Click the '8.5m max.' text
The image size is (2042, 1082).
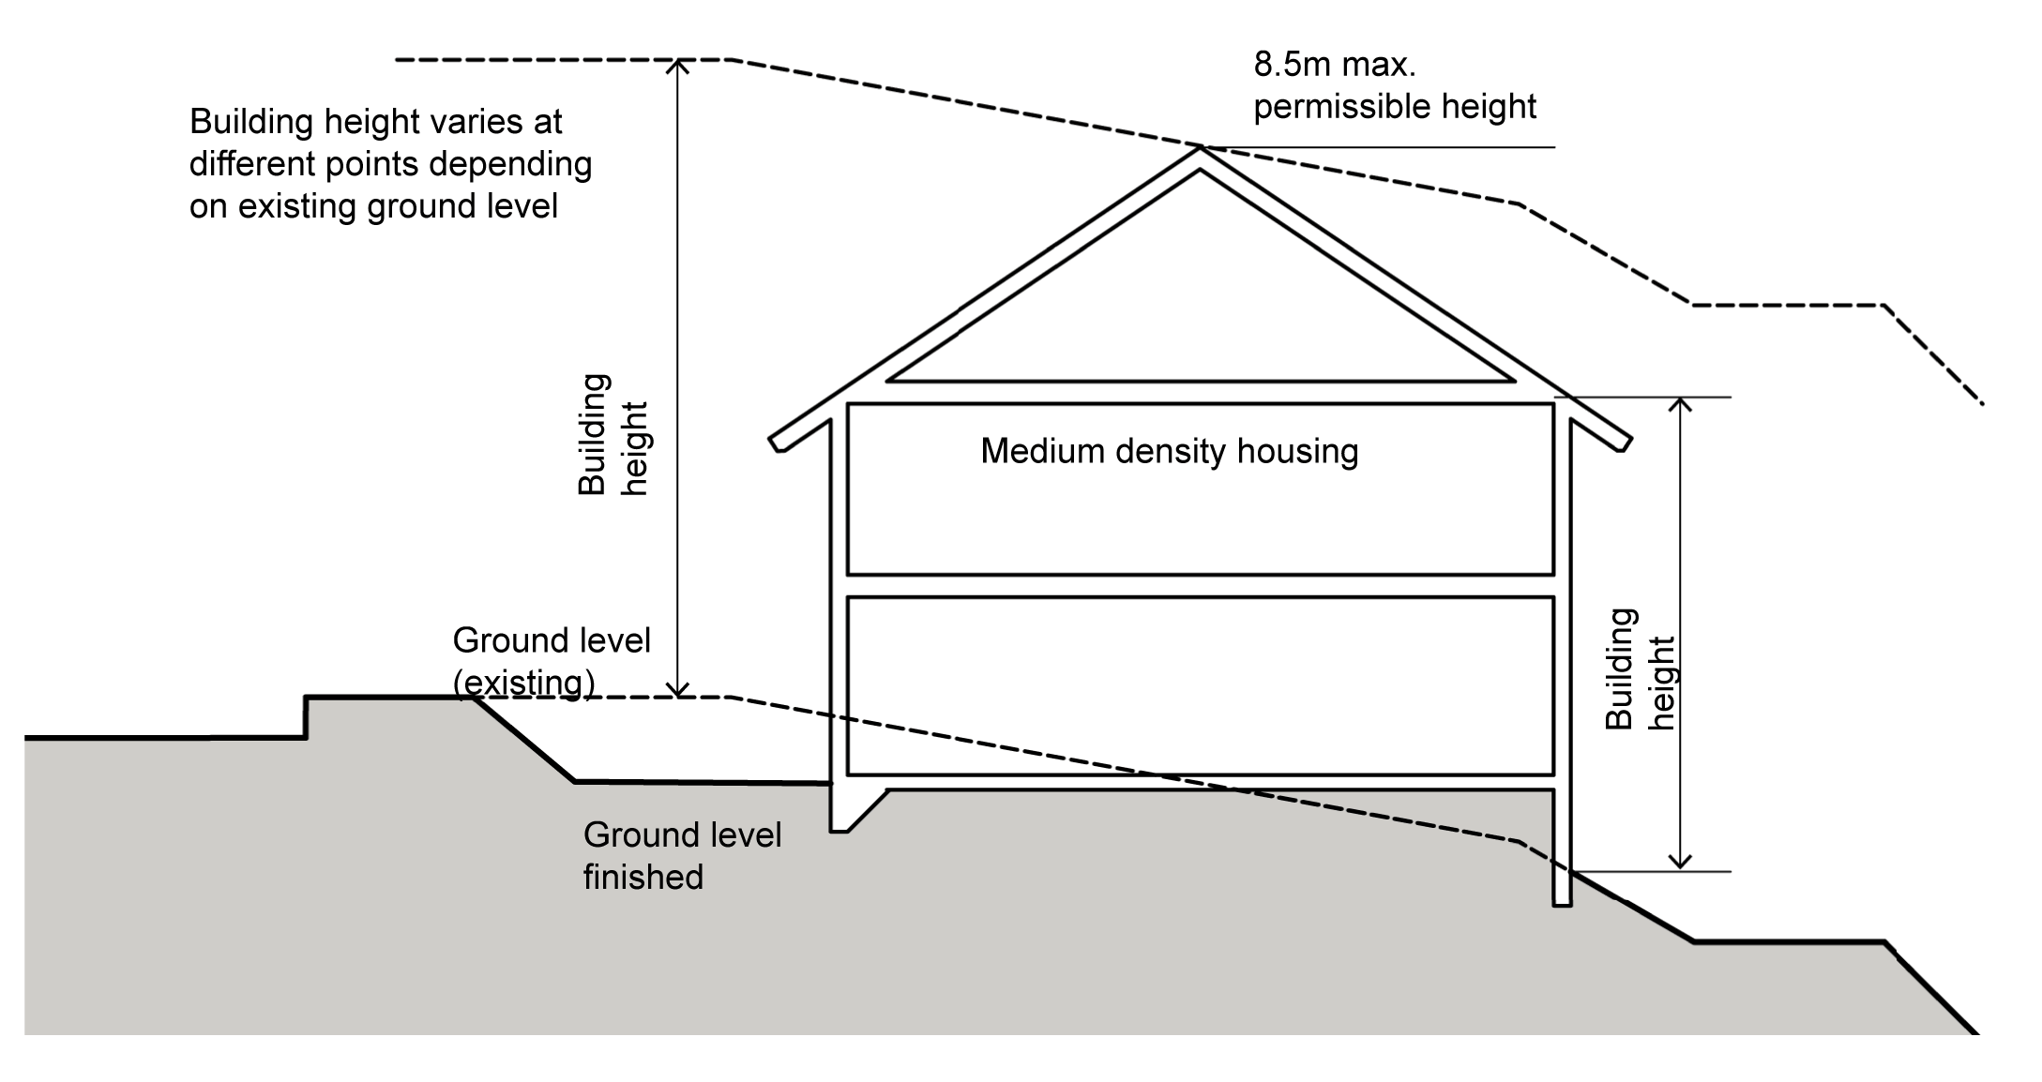coord(1334,66)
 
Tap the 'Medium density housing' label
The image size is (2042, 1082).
coord(1169,452)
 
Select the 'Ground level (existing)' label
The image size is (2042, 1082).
coord(551,661)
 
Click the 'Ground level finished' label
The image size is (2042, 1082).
coord(682,855)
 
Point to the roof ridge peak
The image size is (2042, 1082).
coord(1200,150)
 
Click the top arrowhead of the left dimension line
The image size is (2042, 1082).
coord(677,64)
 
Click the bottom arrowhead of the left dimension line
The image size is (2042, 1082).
coord(677,692)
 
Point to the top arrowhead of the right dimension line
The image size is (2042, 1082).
coord(1681,403)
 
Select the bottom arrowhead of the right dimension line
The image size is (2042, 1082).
coord(1681,864)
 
